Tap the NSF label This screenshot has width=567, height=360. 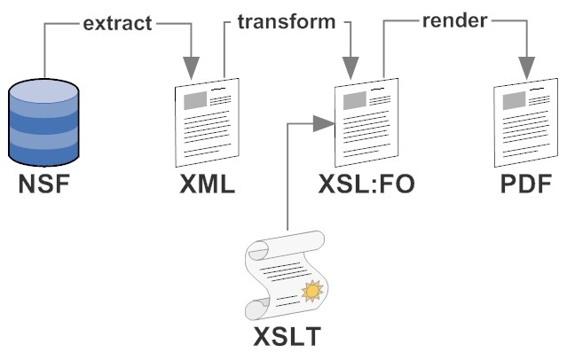43,188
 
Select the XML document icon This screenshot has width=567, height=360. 205,124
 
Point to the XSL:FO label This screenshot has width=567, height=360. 366,188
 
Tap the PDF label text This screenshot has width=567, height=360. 525,188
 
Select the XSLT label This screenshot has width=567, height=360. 286,340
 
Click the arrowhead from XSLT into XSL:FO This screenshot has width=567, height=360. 324,123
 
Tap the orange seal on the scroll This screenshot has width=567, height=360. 311,289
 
